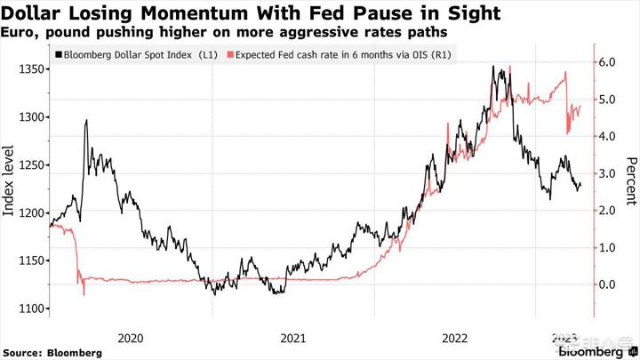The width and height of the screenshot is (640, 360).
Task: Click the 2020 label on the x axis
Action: click(131, 338)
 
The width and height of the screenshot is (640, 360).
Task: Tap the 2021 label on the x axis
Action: click(293, 338)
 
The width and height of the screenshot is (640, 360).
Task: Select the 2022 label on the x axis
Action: click(456, 338)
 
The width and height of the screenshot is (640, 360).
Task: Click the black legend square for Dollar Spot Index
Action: click(59, 56)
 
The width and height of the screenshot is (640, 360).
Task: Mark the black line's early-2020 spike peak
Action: click(85, 120)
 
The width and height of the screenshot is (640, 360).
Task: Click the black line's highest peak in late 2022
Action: click(494, 67)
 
